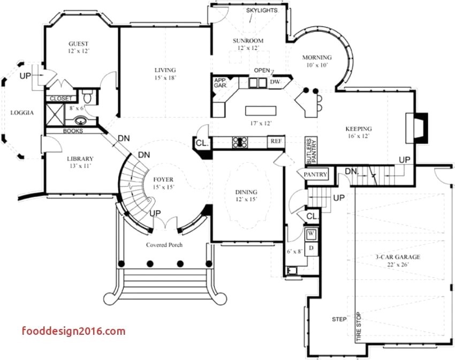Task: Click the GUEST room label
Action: coord(78,44)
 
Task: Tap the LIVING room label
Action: coord(165,70)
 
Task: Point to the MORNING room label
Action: coord(317,57)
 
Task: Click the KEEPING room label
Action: coord(358,129)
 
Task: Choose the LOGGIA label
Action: coord(22,112)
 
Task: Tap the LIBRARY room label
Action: coord(80,159)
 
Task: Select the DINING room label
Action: coord(246,192)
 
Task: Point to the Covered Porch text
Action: coord(164,245)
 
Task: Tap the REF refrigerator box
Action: coord(276,141)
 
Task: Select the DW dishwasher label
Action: coord(275,82)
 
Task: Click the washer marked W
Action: coord(311,234)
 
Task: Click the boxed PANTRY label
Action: coord(315,175)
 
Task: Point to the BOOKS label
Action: coord(73,131)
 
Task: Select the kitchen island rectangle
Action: coord(262,111)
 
